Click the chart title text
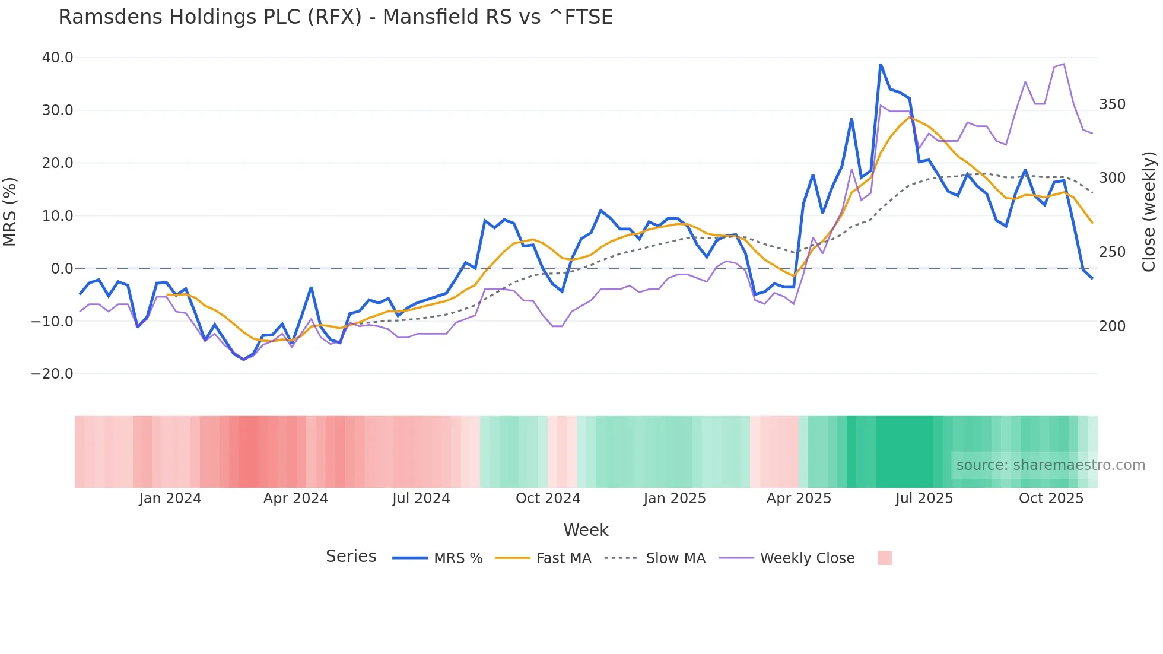335,17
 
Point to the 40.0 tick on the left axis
58,58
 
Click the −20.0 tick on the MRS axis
52,374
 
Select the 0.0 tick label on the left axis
62,269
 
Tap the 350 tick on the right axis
1112,104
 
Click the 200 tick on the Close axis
1112,326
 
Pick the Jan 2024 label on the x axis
170,499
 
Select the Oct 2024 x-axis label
548,499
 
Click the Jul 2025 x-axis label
924,499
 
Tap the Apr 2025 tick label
799,499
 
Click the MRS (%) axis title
10,211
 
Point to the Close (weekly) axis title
1149,211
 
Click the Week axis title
586,530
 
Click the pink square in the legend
884,558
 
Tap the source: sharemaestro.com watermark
1050,465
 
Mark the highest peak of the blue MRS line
881,64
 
